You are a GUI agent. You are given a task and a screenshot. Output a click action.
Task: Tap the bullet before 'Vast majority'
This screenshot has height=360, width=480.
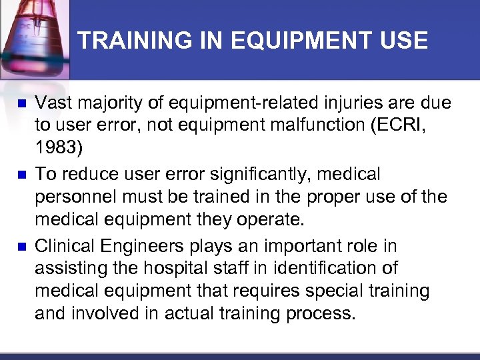[x=21, y=104]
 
